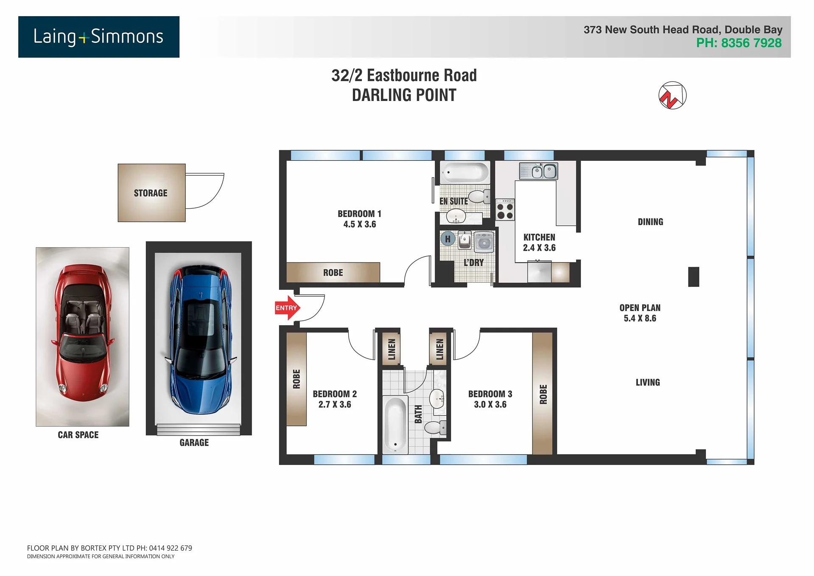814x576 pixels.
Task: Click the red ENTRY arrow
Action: tap(287, 308)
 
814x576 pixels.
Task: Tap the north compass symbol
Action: tap(672, 95)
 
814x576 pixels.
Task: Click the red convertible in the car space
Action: tap(83, 333)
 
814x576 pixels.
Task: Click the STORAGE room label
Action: tap(151, 193)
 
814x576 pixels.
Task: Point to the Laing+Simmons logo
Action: tap(99, 37)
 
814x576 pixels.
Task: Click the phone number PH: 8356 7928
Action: tap(738, 43)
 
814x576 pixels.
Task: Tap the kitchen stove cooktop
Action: tap(505, 210)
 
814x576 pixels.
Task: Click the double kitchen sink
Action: tap(539, 171)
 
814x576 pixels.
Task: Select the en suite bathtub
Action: tap(465, 173)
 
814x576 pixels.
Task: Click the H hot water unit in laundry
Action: tap(448, 239)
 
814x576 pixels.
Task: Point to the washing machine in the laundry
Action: tap(484, 242)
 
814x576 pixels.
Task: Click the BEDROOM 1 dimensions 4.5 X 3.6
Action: tap(360, 224)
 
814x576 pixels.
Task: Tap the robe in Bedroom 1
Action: tap(333, 272)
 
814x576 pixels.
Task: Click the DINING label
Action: tap(650, 222)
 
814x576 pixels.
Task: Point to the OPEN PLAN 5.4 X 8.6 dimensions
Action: tap(640, 319)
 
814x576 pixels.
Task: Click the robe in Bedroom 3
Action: tap(543, 394)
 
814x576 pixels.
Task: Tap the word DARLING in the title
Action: tap(379, 95)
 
